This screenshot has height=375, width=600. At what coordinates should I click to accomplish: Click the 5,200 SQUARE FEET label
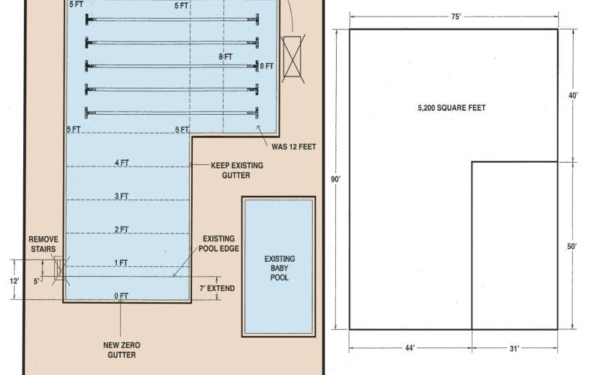coord(451,108)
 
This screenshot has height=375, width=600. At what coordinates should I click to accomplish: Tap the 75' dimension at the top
coord(456,16)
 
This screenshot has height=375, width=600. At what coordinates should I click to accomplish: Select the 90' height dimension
coord(335,179)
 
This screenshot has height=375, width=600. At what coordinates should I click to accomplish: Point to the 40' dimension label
coord(573,96)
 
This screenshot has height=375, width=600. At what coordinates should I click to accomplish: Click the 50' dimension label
coord(571,247)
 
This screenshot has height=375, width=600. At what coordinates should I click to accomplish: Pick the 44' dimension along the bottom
coord(409,348)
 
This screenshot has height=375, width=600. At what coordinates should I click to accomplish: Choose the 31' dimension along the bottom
coord(514,348)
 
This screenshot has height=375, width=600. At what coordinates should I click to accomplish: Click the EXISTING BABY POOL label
coord(280,268)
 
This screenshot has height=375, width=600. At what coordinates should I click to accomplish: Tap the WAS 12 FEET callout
coord(294,146)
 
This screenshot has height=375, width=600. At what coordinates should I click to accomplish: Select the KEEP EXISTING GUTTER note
coord(237,170)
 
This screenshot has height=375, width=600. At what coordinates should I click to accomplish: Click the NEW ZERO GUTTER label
coord(121,349)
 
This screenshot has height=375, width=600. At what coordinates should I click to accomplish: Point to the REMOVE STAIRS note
coord(43,244)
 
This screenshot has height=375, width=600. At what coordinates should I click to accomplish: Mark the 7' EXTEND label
coord(217,288)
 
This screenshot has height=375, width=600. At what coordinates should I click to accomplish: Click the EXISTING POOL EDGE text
coord(218,243)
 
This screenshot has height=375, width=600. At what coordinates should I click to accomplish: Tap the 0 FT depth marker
coord(121,295)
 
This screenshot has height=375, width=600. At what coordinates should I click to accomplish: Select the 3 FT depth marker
coord(121,196)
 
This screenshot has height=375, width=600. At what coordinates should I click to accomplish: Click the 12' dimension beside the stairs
coord(14,280)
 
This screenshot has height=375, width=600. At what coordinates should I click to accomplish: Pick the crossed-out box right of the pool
coord(292,58)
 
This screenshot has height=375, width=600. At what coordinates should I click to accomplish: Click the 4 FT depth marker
coord(121,163)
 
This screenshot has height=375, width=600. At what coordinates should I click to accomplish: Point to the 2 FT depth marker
coord(121,229)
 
